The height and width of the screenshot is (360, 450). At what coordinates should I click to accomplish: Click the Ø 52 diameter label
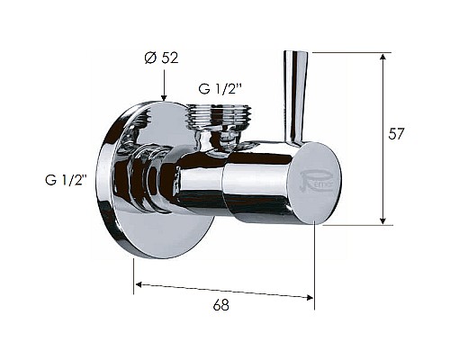[161, 58]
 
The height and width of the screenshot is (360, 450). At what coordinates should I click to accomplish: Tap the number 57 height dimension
[396, 134]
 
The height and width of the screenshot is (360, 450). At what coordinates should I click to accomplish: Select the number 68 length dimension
[221, 305]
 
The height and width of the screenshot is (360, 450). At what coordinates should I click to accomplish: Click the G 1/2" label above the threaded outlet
[220, 89]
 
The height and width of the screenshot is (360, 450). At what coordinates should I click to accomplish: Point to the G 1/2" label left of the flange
[66, 180]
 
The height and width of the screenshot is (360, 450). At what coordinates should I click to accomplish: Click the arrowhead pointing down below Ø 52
[164, 96]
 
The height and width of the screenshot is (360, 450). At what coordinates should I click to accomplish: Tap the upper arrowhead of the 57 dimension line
[382, 58]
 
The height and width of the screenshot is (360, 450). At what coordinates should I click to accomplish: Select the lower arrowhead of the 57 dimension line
[382, 220]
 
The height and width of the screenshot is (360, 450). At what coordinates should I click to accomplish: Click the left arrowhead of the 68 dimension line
[139, 284]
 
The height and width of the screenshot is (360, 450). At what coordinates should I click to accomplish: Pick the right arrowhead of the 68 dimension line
[309, 297]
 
